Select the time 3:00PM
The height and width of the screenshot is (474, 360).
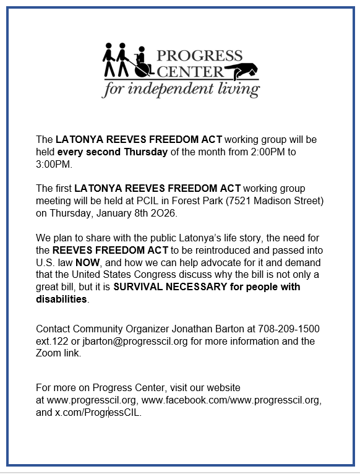tap(54, 165)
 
